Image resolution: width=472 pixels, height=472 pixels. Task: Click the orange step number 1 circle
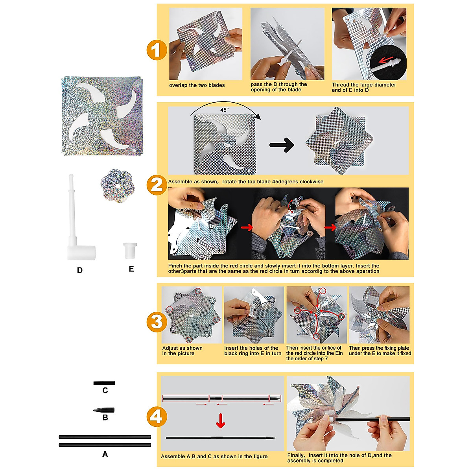click(157, 50)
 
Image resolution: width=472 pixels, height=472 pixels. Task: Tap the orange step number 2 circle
click(157, 185)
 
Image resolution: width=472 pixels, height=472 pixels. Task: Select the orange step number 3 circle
click(157, 322)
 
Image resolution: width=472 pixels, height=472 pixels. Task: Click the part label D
click(80, 270)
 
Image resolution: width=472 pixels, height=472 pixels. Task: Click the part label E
click(131, 269)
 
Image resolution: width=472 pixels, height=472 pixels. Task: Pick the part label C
click(105, 391)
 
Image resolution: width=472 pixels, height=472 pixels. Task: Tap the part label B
click(105, 418)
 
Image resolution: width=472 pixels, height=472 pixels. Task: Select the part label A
click(105, 454)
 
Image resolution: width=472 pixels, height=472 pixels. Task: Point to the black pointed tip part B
click(104, 410)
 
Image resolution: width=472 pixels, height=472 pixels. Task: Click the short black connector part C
click(104, 382)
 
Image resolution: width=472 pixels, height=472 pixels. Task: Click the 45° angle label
click(224, 110)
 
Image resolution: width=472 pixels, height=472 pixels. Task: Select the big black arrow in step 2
click(282, 145)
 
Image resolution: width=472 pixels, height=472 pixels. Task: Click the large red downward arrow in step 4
click(221, 420)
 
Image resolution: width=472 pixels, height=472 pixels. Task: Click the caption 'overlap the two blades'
click(197, 85)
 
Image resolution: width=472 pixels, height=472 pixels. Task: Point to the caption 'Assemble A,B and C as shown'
click(214, 456)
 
